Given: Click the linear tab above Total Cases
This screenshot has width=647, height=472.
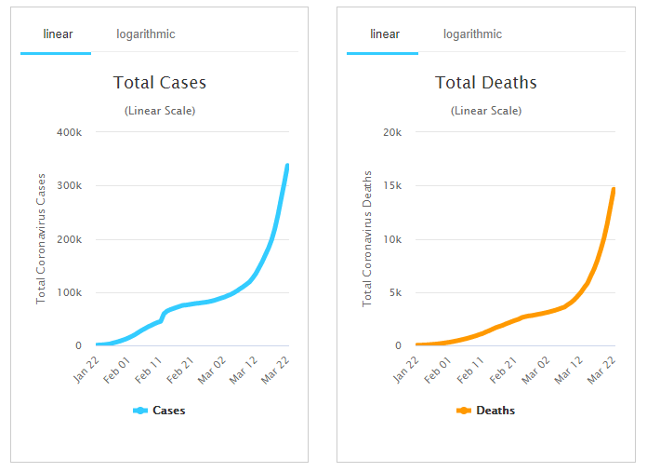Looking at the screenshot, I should (x=58, y=34).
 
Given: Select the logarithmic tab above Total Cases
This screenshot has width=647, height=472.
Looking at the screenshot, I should (x=146, y=34).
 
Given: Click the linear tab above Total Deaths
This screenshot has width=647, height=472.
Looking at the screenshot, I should (x=385, y=34).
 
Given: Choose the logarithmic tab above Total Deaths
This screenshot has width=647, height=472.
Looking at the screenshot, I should (x=472, y=34).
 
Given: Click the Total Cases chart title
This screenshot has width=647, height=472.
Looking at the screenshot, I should (x=160, y=83).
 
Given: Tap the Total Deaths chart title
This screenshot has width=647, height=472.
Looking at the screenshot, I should (x=486, y=83).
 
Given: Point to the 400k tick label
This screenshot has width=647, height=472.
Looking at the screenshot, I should (x=70, y=132).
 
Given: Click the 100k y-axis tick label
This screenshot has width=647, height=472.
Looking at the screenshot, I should (x=70, y=293).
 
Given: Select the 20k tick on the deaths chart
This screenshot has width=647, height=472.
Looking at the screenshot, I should (x=392, y=132).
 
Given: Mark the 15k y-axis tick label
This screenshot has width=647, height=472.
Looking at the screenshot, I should (x=392, y=186).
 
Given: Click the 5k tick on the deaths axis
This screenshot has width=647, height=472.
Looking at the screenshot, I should (x=395, y=293).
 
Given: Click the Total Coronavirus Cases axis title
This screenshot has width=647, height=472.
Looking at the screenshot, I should (x=41, y=238).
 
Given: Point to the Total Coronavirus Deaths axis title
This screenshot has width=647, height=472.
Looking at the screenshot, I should (x=367, y=238).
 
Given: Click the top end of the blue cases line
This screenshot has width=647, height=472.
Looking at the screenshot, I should (x=287, y=167).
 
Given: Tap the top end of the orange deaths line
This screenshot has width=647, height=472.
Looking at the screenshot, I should (x=614, y=190).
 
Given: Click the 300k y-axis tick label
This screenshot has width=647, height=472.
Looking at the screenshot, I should (x=70, y=186).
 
